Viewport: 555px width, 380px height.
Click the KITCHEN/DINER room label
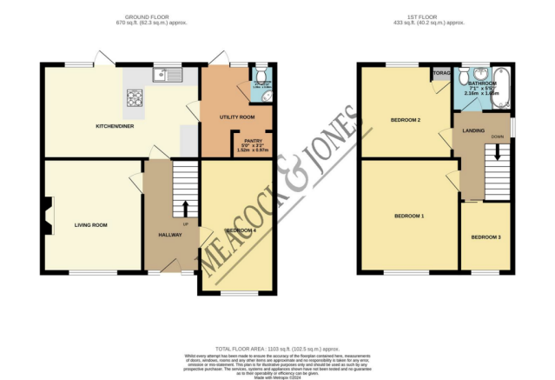[113, 127]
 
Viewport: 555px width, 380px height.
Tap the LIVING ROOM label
[90, 224]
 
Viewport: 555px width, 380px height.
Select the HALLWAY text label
[170, 236]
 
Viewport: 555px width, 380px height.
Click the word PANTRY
[253, 141]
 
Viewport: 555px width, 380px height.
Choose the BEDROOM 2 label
[405, 120]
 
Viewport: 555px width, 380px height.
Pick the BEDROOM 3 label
[486, 237]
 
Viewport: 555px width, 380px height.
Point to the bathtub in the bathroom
[500, 97]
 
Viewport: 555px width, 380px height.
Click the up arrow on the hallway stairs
[184, 207]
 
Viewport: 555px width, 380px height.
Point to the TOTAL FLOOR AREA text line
[278, 346]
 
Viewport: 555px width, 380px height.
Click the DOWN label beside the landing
[497, 137]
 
